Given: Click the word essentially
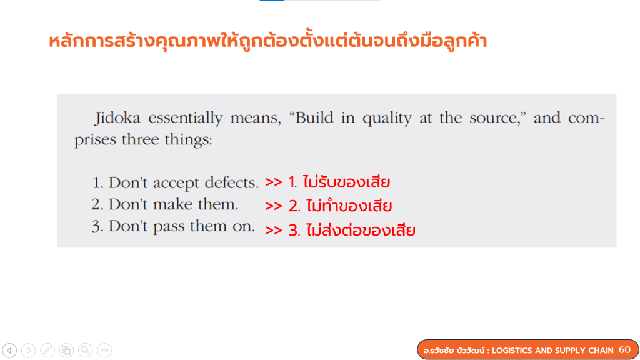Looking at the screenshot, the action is click(186, 119).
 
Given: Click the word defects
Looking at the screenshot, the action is click(232, 182).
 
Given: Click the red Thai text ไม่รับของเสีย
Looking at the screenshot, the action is click(346, 182).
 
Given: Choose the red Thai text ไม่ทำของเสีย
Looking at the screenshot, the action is click(349, 206).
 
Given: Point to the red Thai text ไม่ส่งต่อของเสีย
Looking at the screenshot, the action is click(361, 230).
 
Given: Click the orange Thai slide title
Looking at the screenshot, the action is click(267, 41).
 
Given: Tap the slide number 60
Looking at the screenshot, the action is click(624, 350).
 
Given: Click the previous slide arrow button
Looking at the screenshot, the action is click(9, 350).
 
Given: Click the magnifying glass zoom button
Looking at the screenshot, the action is click(85, 350).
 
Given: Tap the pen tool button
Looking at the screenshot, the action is click(47, 350).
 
